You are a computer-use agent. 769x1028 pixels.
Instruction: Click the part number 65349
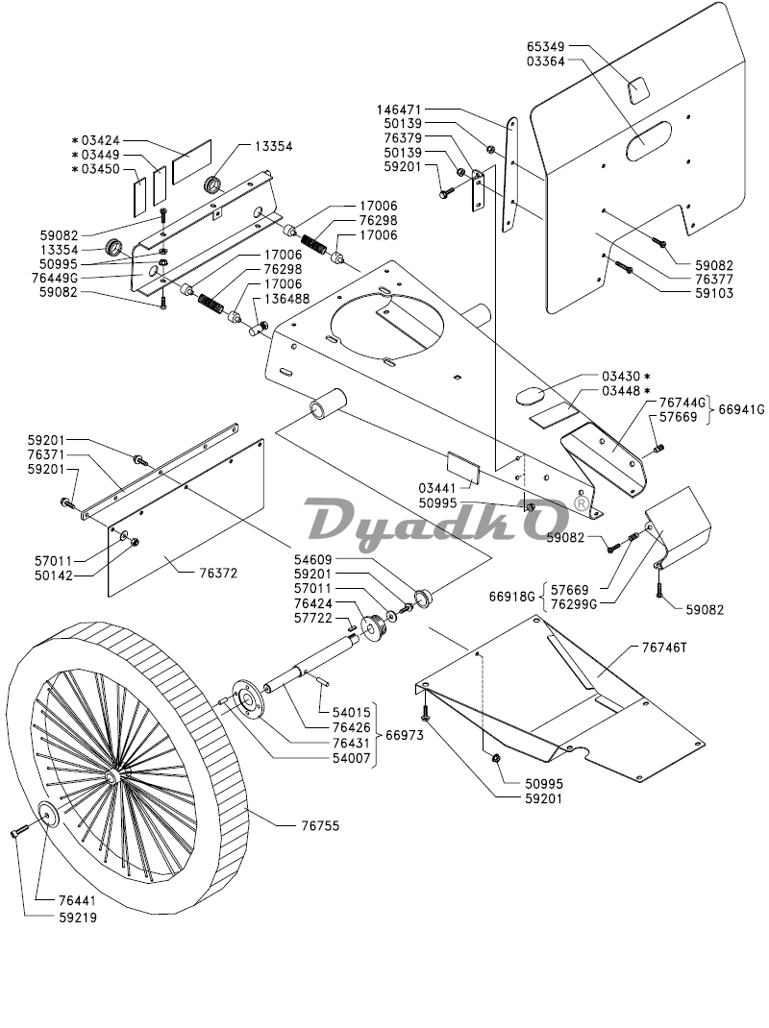pos(546,45)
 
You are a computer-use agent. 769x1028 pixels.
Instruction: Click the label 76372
pos(218,573)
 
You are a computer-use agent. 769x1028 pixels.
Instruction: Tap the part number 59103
pos(712,293)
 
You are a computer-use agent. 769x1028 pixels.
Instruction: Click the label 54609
pos(314,558)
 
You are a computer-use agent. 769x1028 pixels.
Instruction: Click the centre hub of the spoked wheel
pos(114,774)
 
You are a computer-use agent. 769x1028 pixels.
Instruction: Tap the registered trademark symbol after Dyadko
pos(580,502)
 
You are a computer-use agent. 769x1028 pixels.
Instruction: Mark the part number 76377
pos(712,279)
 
